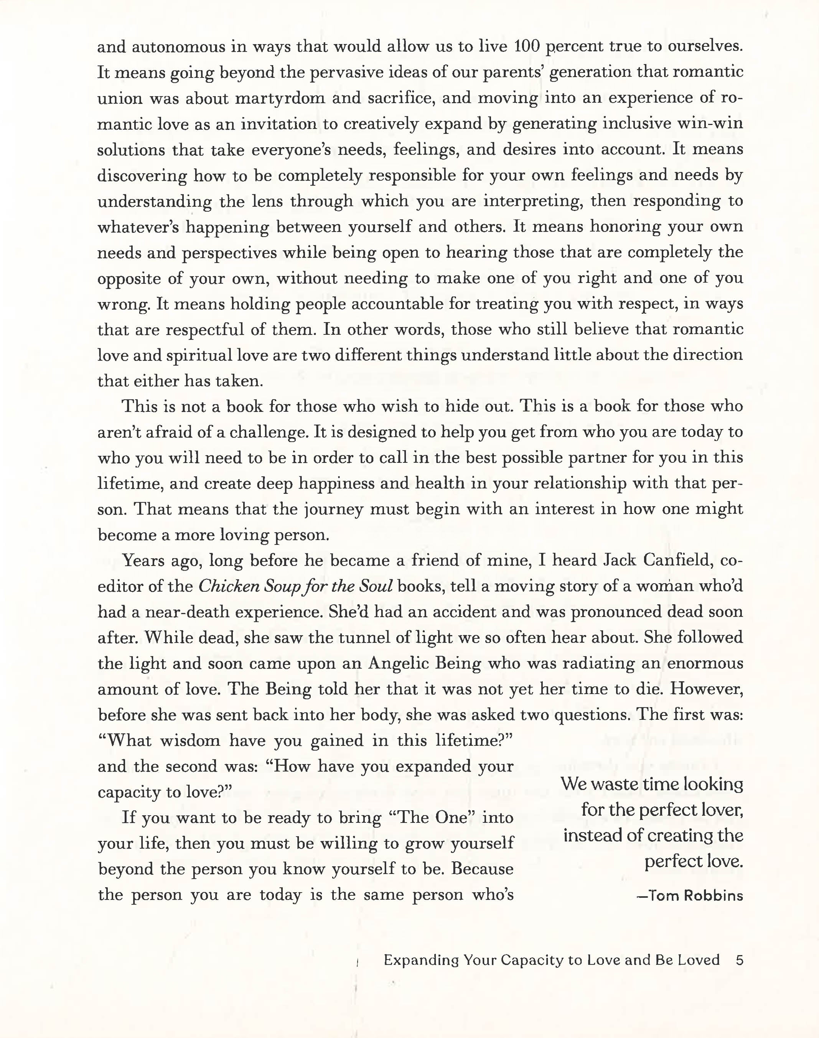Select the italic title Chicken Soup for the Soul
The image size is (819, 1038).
click(296, 586)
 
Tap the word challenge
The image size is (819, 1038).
click(268, 432)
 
